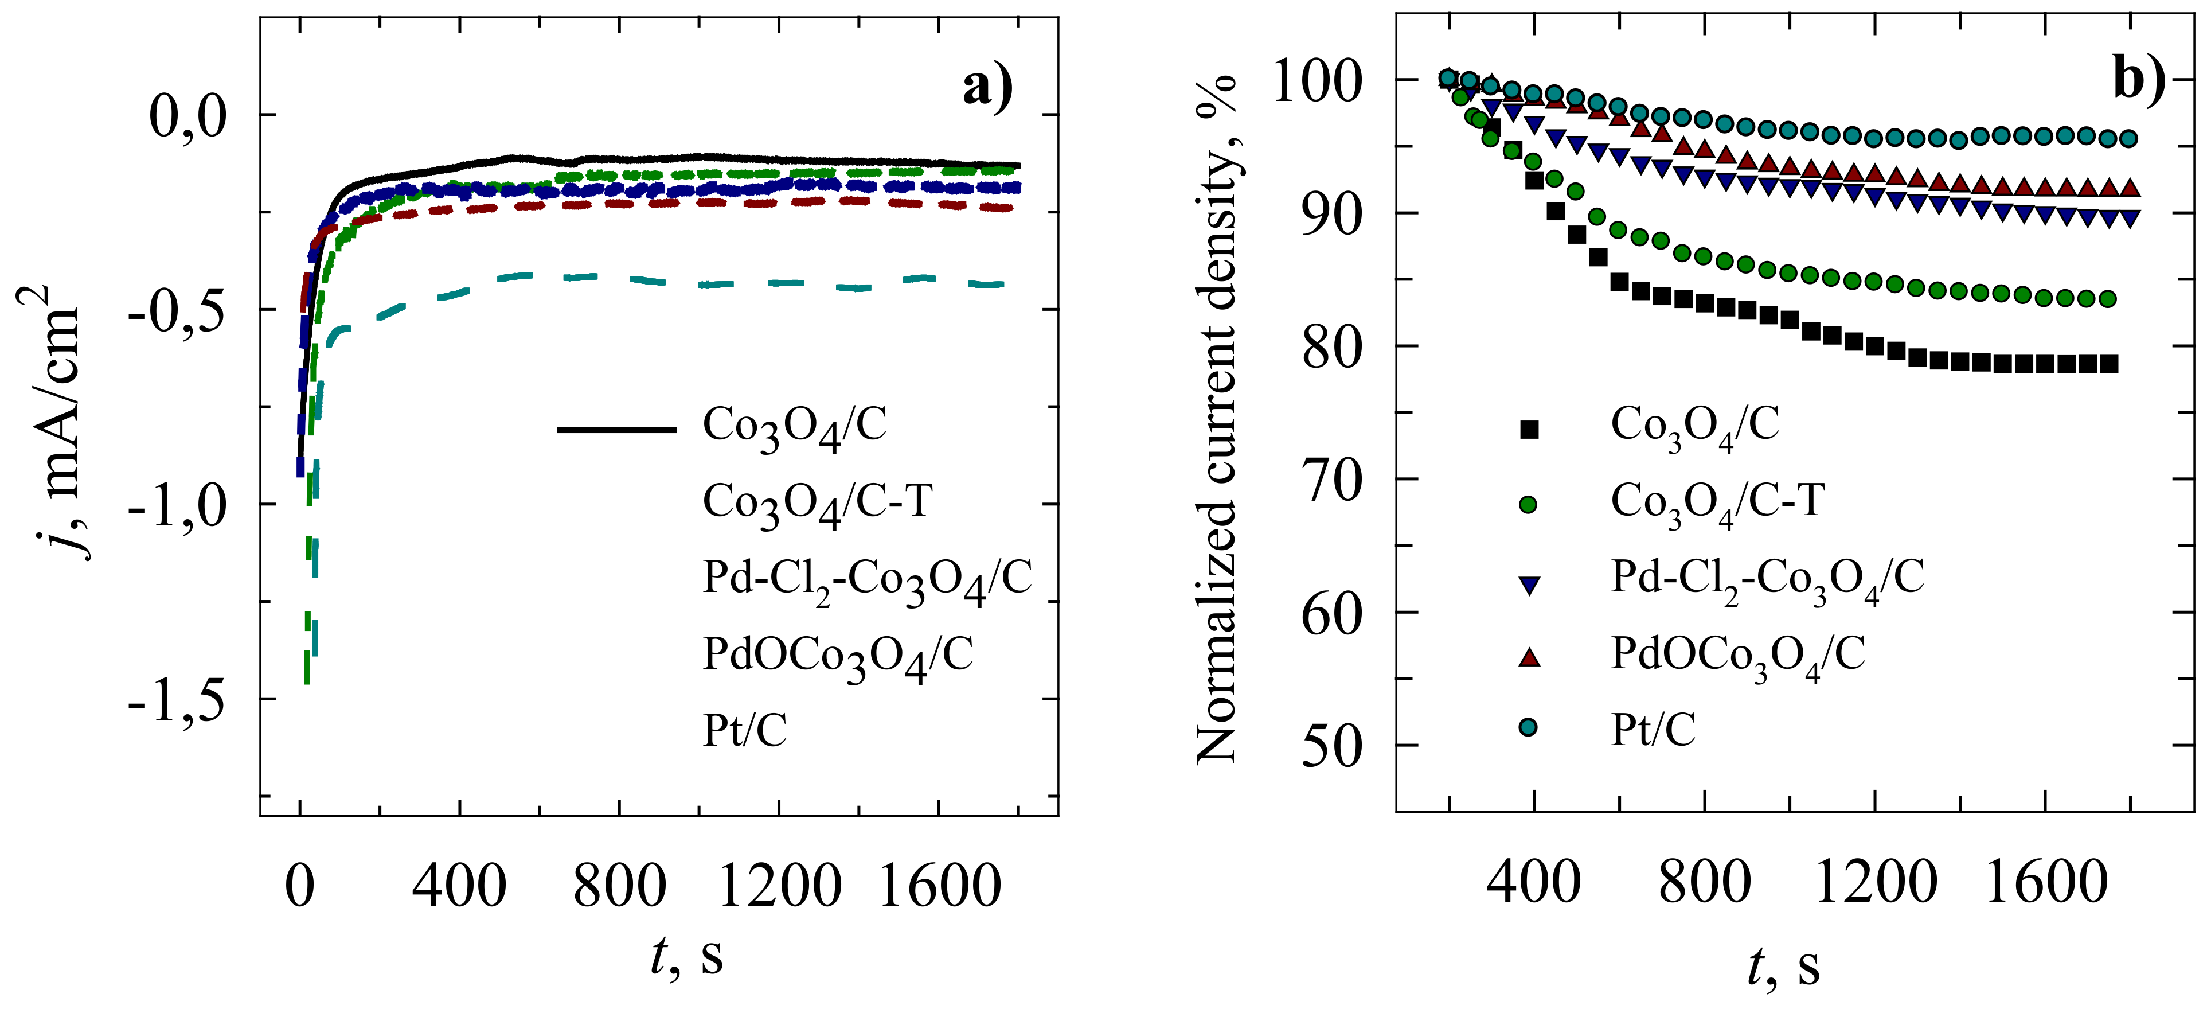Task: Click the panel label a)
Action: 987,88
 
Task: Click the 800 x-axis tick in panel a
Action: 619,886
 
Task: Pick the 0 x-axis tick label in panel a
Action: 299,886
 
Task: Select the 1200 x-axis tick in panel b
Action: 1876,882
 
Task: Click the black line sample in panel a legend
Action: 616,428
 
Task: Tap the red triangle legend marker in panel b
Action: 1529,657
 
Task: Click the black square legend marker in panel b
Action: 1529,429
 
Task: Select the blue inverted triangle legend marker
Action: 1529,585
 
